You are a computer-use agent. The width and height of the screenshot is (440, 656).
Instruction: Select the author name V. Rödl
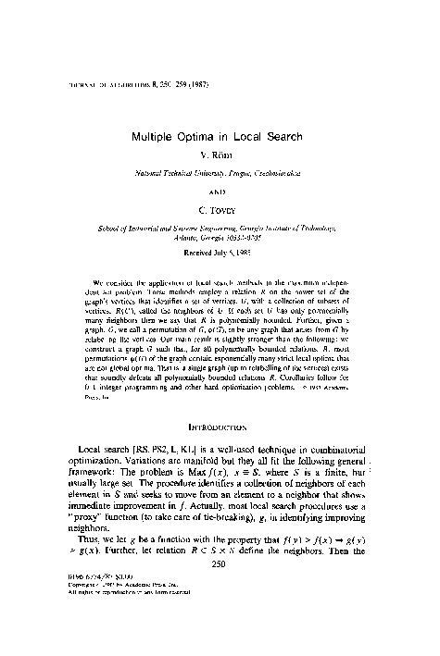click(x=219, y=154)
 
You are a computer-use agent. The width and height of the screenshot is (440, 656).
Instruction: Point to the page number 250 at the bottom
click(x=220, y=613)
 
